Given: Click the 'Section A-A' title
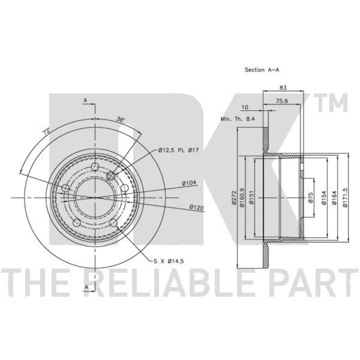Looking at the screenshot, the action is click(262, 70).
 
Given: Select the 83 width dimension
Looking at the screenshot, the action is click(283, 87).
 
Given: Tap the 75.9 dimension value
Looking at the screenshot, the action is click(282, 101).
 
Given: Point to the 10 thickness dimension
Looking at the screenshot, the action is click(245, 107).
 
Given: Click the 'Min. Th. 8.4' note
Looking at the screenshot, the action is click(238, 119).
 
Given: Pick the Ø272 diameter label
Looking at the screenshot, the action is click(234, 198).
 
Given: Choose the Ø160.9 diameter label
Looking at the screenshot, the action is click(242, 198).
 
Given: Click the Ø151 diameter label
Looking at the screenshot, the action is click(251, 198).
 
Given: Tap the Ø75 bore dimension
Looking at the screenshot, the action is click(311, 198).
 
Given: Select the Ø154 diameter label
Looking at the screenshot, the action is click(324, 198).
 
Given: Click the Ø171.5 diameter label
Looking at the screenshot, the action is click(345, 198).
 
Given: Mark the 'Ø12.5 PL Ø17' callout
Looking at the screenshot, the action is click(178, 150).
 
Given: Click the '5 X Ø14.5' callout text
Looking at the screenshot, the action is click(169, 261).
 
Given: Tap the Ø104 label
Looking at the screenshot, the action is click(189, 183).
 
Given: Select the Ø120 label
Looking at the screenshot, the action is click(197, 207).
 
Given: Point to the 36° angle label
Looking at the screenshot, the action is click(120, 120).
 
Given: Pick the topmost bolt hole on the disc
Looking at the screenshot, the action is click(95, 166).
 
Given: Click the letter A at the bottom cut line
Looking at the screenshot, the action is click(86, 287).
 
